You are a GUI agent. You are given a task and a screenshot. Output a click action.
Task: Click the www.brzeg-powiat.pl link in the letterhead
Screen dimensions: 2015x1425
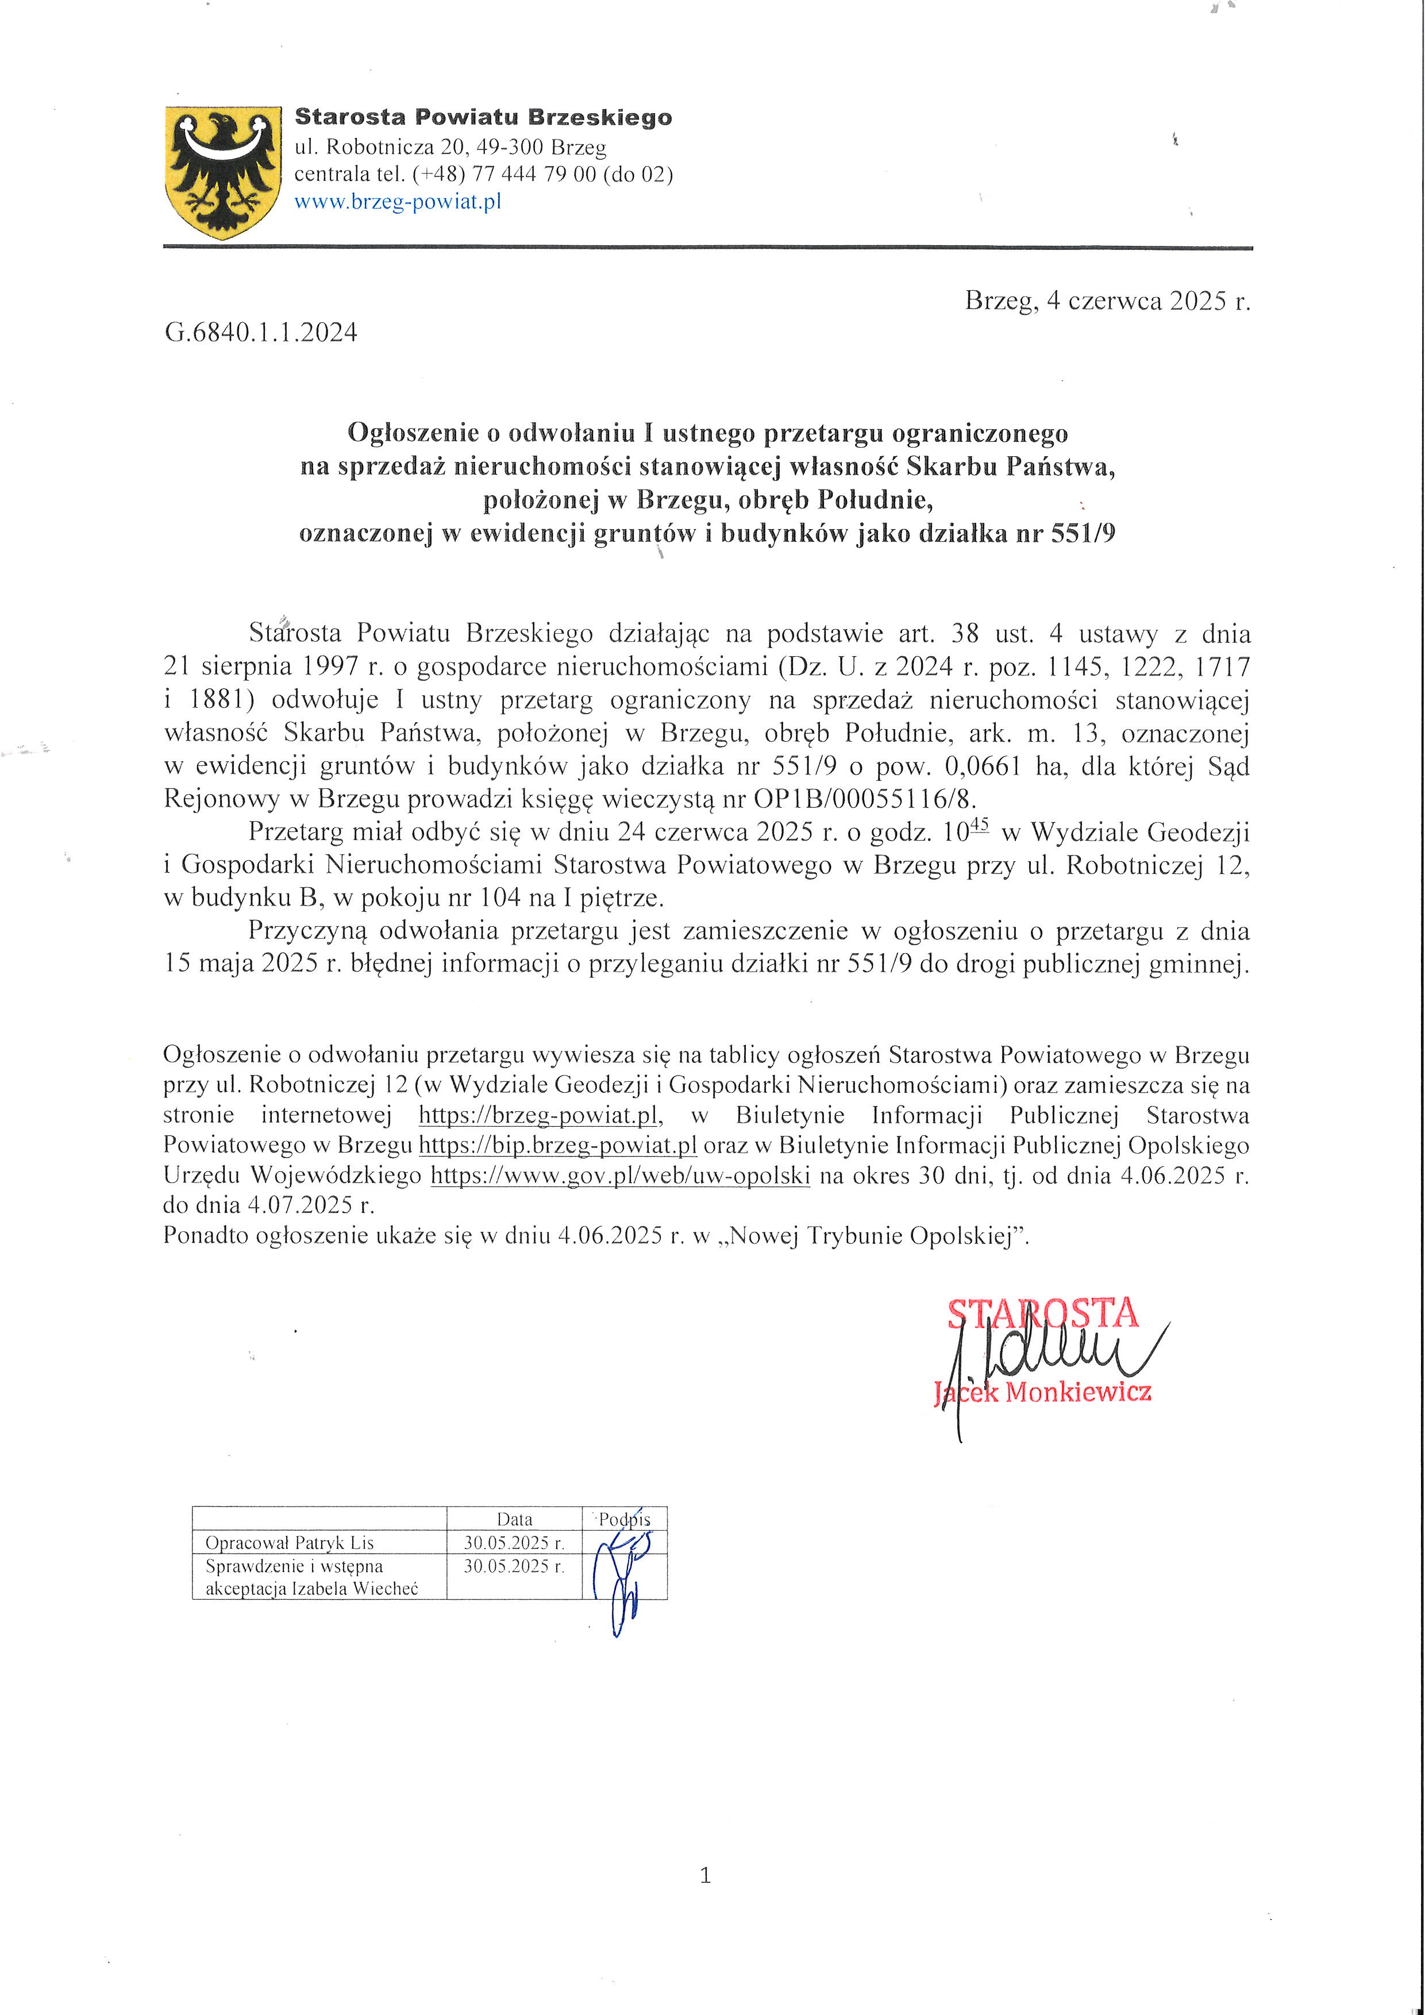[398, 202]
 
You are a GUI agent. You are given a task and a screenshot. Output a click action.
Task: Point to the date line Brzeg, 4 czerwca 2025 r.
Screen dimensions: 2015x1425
[1107, 301]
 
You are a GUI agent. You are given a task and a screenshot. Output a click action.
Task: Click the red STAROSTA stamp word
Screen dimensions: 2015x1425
[1042, 1313]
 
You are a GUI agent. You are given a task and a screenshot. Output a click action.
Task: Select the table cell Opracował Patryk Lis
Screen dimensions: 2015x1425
[290, 1543]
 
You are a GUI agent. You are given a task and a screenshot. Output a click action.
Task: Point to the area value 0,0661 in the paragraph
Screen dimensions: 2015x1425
[982, 766]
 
